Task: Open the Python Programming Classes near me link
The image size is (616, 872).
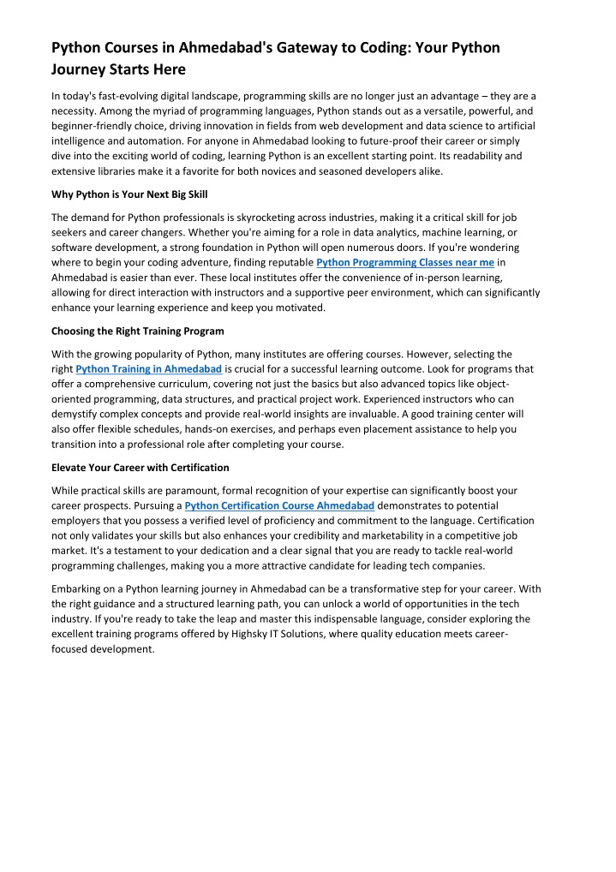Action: coord(405,261)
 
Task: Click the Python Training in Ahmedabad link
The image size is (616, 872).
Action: coord(149,368)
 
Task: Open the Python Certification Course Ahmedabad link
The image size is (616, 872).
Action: coord(273,505)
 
